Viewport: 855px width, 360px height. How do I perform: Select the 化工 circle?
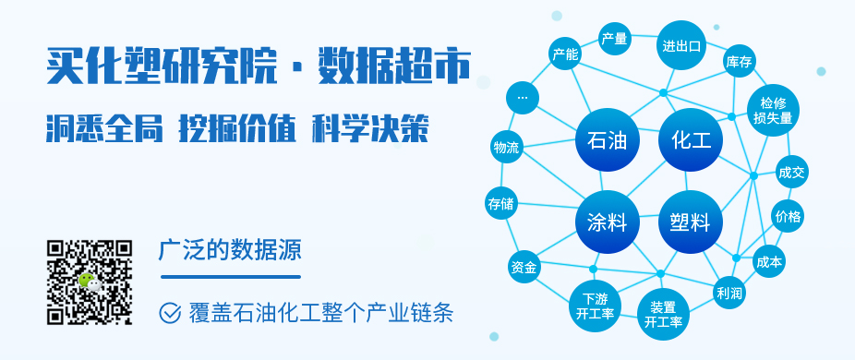click(x=691, y=141)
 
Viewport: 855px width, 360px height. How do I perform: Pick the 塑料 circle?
click(x=691, y=222)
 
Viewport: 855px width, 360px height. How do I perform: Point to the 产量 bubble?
click(x=614, y=39)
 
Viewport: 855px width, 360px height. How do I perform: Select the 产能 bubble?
click(x=565, y=54)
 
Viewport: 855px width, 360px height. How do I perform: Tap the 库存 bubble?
click(x=740, y=62)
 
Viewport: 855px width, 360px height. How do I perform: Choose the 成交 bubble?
click(x=791, y=172)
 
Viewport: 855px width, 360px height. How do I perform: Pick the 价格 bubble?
click(x=789, y=217)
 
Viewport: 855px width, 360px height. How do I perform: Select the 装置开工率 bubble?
click(x=663, y=314)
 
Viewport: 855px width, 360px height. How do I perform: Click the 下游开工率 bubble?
click(x=590, y=306)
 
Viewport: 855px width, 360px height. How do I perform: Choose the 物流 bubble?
click(x=506, y=148)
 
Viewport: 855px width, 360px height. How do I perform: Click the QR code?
click(x=90, y=282)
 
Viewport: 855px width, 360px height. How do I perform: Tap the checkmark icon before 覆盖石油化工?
click(x=170, y=312)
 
